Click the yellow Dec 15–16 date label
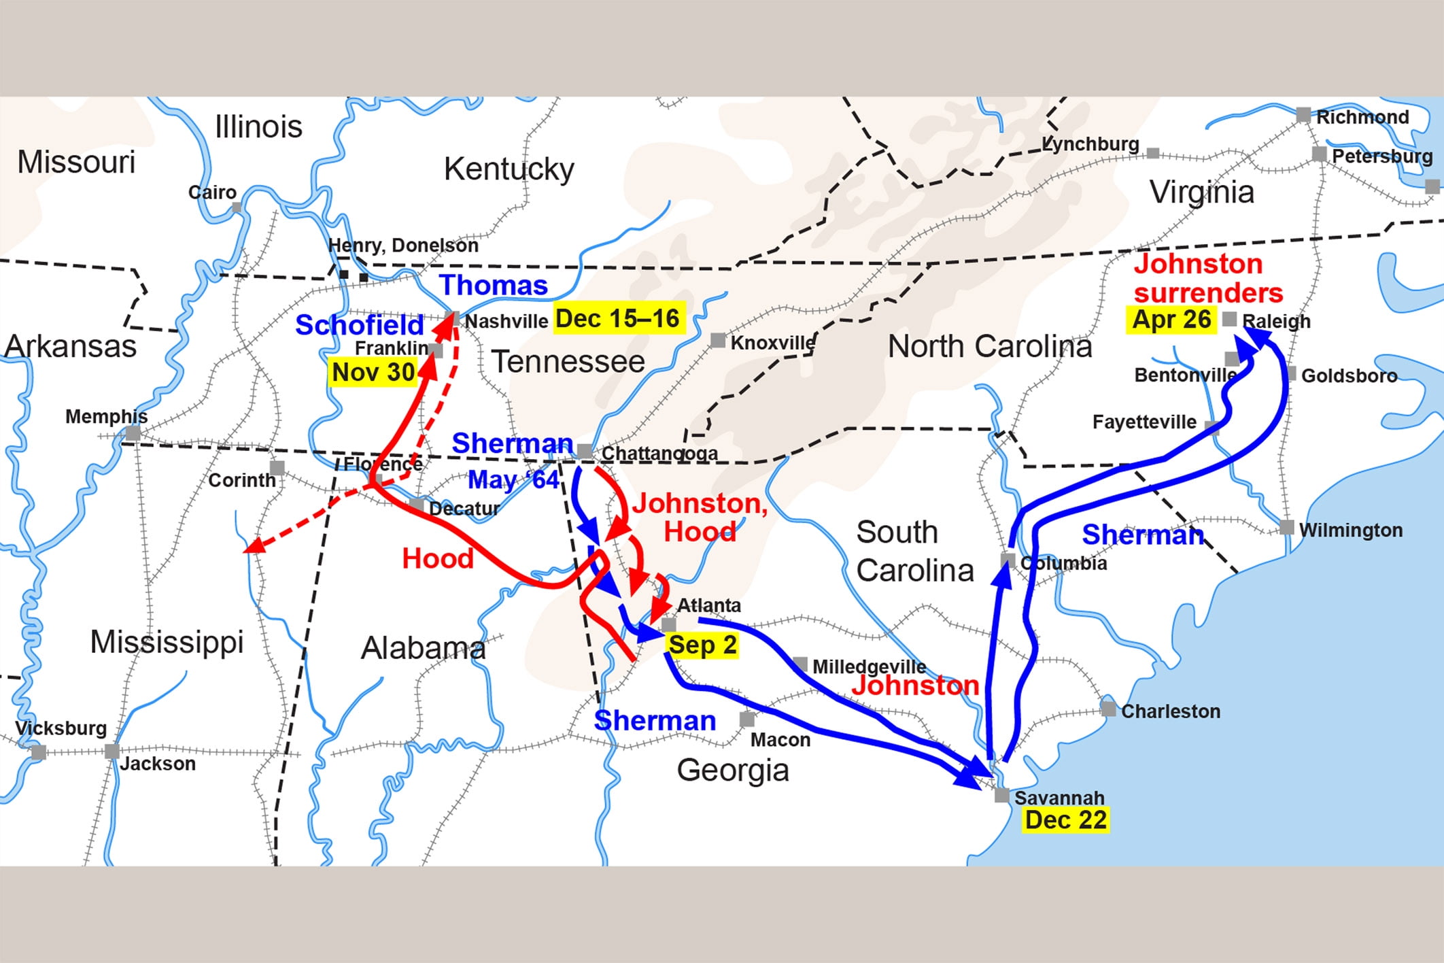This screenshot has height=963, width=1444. pos(617,318)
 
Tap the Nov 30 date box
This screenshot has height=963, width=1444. pos(373,372)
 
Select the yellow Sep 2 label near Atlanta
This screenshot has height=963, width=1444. pos(702,645)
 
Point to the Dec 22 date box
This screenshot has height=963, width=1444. pos(1065,820)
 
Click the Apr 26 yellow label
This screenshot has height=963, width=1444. pos(1171,319)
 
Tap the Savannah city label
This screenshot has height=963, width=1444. pos(1059,797)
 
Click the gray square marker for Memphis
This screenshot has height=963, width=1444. pos(133,433)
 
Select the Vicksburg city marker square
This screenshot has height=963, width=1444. pos(39,752)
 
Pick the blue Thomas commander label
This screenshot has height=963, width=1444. pos(494,285)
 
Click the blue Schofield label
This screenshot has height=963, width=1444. pos(359,325)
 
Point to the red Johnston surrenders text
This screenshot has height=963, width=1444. pos(1207,278)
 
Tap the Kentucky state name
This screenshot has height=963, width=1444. pos(509,169)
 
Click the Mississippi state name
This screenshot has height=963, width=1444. pos(167,641)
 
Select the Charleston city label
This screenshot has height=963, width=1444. pos(1170,711)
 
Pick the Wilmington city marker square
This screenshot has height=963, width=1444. pos(1286,528)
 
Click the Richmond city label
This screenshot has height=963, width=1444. pos(1362,117)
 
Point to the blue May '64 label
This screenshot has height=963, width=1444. pos(513,479)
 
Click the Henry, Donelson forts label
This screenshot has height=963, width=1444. pos(403,245)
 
